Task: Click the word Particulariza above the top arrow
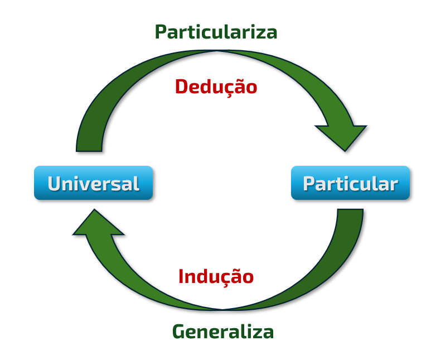(x=216, y=32)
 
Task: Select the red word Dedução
(x=216, y=87)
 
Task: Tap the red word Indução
(x=216, y=276)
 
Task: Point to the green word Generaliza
(x=222, y=332)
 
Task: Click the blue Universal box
(x=93, y=183)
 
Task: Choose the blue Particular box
(x=350, y=183)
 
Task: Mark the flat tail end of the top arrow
(x=89, y=147)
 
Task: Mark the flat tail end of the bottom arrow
(x=350, y=214)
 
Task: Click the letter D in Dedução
(x=182, y=87)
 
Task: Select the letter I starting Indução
(x=182, y=276)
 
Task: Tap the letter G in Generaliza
(x=178, y=332)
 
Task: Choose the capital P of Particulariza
(x=161, y=32)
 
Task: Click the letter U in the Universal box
(x=55, y=183)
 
